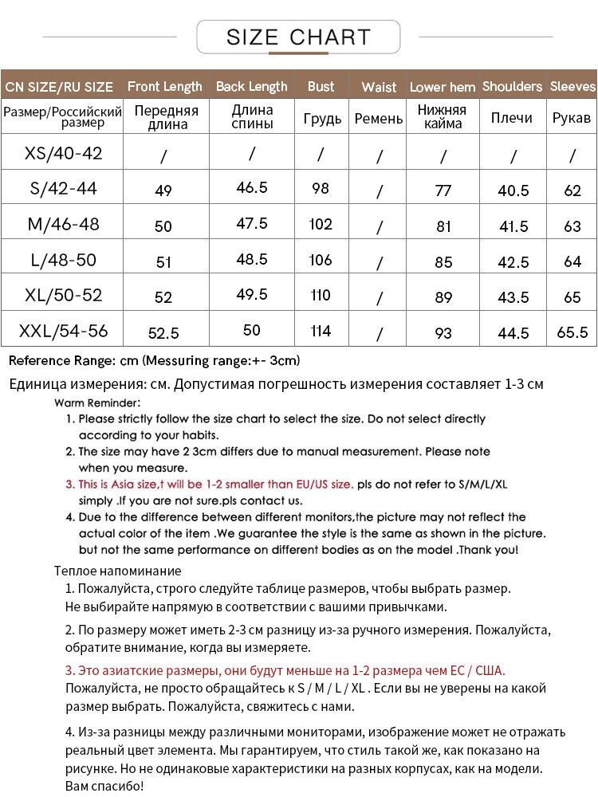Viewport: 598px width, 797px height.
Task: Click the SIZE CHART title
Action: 298,37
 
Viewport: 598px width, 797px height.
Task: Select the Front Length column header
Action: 164,86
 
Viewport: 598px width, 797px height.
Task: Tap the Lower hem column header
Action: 443,87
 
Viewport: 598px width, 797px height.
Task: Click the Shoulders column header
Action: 512,86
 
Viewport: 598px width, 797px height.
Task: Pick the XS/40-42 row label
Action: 64,153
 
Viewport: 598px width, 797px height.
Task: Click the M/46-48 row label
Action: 64,224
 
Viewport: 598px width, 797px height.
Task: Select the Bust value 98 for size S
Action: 321,188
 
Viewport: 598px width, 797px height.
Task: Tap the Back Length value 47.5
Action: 252,224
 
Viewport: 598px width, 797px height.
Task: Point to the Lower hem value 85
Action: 443,262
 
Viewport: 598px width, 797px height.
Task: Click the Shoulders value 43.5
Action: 513,297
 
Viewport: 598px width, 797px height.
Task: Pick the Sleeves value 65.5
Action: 572,332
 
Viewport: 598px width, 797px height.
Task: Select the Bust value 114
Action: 321,331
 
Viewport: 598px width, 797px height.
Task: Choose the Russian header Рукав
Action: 572,118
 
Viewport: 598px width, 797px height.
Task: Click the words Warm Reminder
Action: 97,402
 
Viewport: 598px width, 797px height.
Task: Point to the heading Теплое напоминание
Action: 117,571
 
